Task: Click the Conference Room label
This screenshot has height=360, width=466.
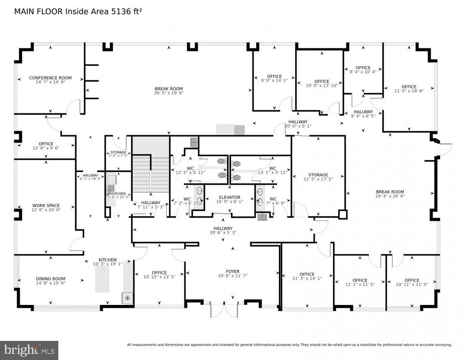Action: [x=50, y=78]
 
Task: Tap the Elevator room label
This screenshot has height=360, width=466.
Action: [x=229, y=197]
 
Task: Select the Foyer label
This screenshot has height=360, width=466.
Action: [x=232, y=271]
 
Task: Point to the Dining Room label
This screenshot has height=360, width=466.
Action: [x=50, y=279]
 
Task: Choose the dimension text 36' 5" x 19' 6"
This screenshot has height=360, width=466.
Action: [x=169, y=93]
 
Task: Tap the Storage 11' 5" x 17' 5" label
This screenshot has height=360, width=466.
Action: [x=318, y=175]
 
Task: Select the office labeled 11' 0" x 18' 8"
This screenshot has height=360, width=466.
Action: [x=408, y=87]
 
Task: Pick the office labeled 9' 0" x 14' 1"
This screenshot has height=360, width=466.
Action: [x=274, y=76]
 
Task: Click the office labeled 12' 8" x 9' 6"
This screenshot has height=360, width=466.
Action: [x=45, y=144]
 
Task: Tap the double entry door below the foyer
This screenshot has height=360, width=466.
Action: [x=225, y=310]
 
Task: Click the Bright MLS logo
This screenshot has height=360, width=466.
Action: [x=29, y=349]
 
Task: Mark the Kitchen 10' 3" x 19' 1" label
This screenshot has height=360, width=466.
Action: [x=107, y=260]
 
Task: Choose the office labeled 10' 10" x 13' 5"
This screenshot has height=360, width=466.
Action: [x=159, y=273]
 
